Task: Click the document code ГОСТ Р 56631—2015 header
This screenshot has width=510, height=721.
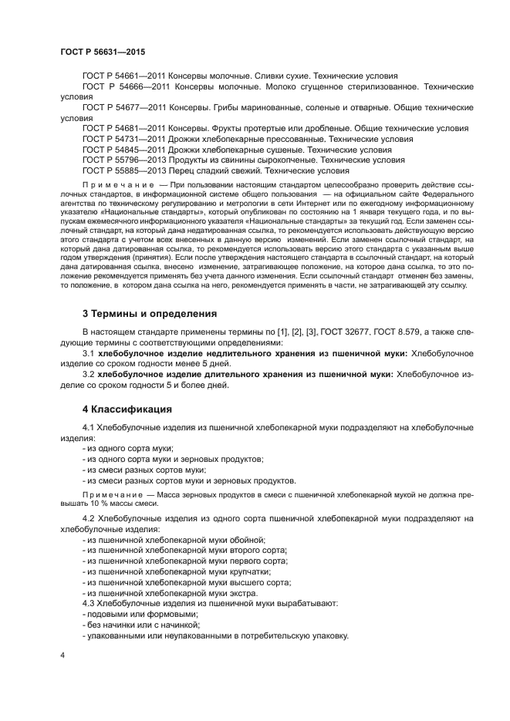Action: coord(103,52)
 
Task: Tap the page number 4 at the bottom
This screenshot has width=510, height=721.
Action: coord(62,655)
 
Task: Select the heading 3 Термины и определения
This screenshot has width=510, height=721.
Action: coord(150,314)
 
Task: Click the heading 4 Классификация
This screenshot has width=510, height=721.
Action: coord(127,408)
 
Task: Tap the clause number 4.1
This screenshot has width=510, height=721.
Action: coord(90,427)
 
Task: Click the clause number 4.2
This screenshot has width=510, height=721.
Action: coord(90,519)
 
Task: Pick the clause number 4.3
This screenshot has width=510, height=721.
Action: coord(89,603)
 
